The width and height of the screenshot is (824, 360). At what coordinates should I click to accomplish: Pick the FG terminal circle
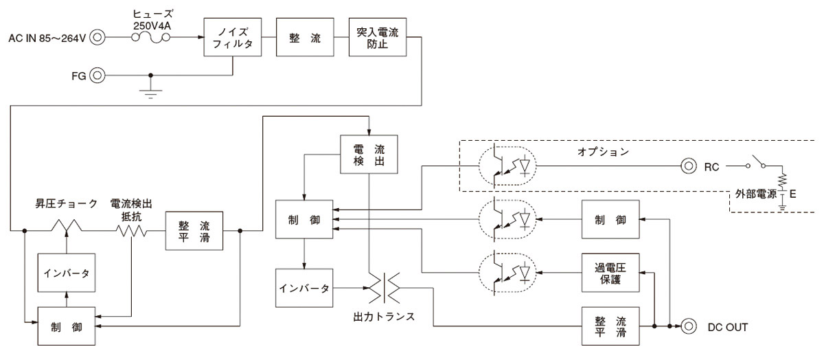98,75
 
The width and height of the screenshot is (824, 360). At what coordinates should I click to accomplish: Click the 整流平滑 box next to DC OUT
610,326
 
